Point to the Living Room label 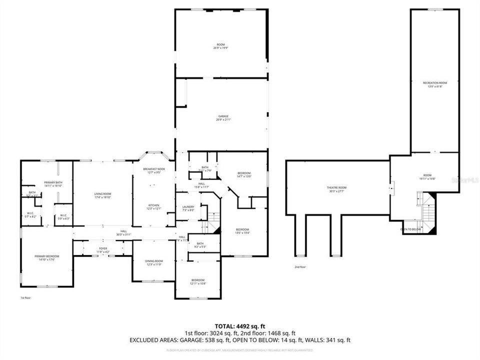click(x=102, y=195)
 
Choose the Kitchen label click(x=153, y=206)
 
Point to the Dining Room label click(x=154, y=262)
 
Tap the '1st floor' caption click(x=25, y=298)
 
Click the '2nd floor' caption click(x=300, y=267)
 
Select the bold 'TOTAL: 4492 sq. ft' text click(x=239, y=326)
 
